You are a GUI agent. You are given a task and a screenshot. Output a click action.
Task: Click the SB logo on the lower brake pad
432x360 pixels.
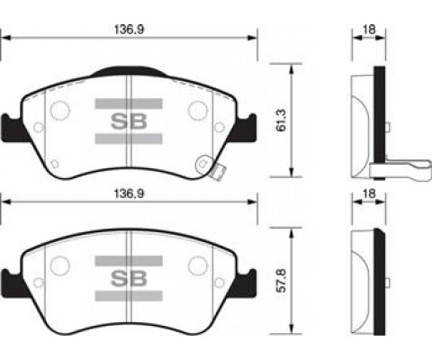click(128, 272)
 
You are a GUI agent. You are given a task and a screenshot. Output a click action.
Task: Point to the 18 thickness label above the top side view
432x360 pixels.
click(367, 28)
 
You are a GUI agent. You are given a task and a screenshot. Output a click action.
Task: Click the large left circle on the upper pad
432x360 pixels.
click(59, 110)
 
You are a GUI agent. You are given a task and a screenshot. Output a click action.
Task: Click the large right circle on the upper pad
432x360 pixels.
click(197, 110)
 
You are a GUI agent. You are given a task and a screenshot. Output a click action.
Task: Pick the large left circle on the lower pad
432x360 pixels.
click(59, 265)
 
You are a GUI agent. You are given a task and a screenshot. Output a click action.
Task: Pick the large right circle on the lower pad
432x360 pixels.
click(197, 265)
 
